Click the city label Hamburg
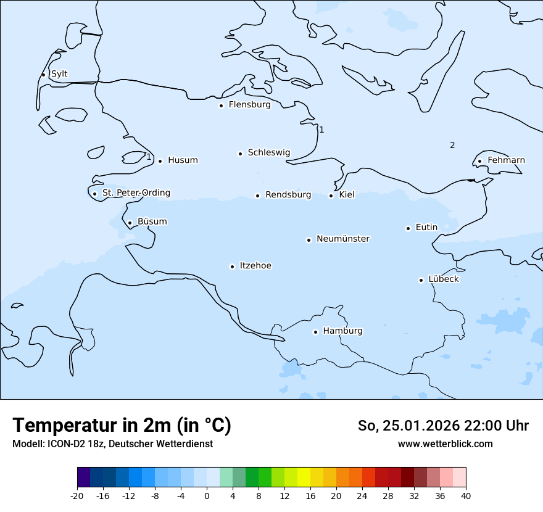click(342, 331)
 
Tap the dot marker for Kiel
click(331, 196)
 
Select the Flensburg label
click(249, 105)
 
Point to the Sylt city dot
click(43, 75)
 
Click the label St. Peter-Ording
click(136, 193)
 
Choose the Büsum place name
click(152, 222)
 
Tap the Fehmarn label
click(506, 160)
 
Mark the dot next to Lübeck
click(421, 280)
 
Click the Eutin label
click(426, 228)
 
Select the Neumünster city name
click(343, 239)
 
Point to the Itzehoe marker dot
click(232, 266)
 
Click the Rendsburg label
click(288, 195)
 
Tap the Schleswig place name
click(268, 152)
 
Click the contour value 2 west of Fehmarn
click(452, 146)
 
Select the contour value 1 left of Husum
click(149, 157)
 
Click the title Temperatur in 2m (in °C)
click(122, 425)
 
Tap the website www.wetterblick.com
click(445, 444)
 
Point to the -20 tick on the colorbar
click(77, 496)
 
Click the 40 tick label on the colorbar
click(466, 496)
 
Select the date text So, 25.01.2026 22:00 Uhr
click(443, 426)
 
